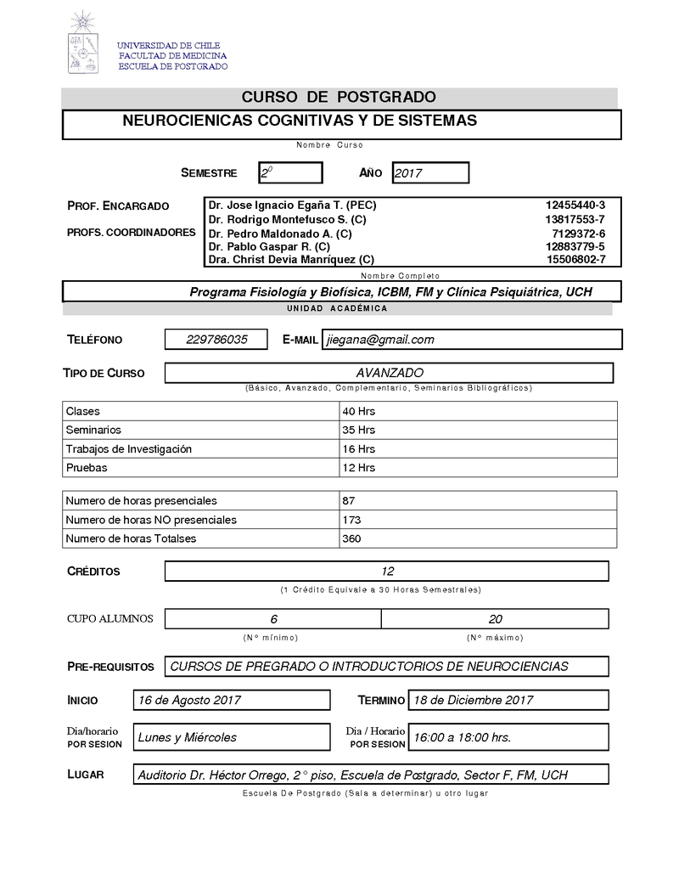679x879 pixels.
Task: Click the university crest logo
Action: pos(83,42)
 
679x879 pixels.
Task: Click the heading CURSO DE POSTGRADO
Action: pos(339,98)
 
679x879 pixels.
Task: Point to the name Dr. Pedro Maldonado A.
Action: pos(280,234)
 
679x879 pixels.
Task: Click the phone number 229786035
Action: pos(216,340)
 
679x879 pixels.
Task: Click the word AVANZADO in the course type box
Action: pos(390,373)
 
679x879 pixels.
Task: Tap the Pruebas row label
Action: pos(87,467)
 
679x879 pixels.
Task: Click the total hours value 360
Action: pos(351,538)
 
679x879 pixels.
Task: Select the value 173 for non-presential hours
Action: pos(351,520)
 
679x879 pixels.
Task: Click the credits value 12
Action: pos(387,572)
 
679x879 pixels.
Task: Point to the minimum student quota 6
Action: pos(273,619)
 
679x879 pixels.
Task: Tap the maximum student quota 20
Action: pos(496,619)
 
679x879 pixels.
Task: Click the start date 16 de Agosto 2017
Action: pos(189,701)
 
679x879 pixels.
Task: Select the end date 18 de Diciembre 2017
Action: pos(473,701)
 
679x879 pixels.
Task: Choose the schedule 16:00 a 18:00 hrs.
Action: pos(462,737)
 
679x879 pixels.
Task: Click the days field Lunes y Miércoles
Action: pos(188,737)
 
